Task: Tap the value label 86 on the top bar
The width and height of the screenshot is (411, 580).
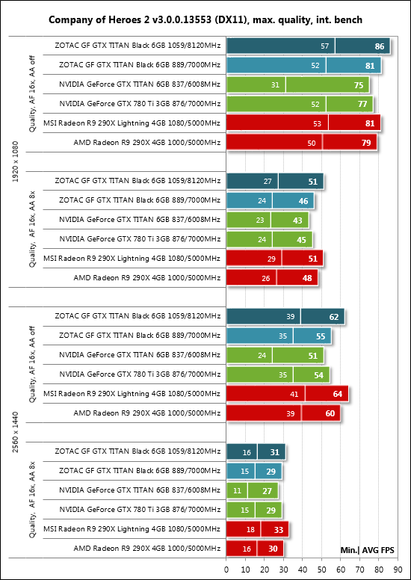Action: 380,47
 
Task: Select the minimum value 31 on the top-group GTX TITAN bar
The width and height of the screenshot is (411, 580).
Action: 275,85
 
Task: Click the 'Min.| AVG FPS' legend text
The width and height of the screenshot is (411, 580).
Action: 367,550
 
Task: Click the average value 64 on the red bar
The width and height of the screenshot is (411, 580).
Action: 337,394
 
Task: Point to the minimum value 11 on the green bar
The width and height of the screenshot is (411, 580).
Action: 237,491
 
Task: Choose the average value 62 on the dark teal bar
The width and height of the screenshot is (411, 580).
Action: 334,317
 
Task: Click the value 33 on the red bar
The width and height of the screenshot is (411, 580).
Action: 279,530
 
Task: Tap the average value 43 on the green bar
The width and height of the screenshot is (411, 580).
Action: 297,220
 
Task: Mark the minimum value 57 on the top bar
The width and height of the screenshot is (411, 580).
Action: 325,46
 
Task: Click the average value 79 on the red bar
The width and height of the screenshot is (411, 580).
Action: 366,144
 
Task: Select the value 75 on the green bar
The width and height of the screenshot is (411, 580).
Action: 358,85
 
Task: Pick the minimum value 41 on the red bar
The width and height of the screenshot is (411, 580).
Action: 294,395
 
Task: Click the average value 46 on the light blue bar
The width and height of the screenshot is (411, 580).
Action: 303,201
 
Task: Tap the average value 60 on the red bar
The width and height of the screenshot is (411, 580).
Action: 330,413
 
